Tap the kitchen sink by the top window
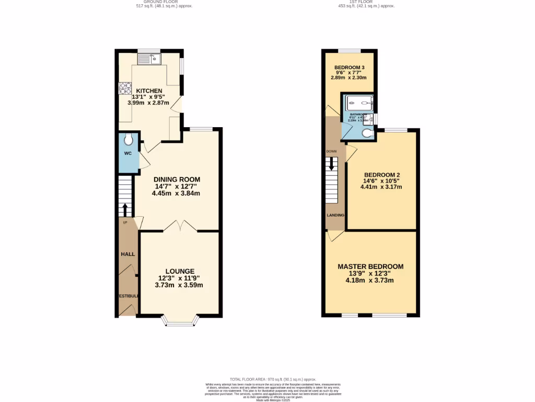point(149,59)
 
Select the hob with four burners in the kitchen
point(125,88)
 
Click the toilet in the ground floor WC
point(129,140)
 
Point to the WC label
point(127,154)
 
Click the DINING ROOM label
point(177,180)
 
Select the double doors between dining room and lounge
point(180,226)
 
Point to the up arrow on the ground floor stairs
point(124,209)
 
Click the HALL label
point(128,254)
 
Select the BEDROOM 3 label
point(349,68)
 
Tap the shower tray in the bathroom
point(358,103)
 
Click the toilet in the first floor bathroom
point(367,133)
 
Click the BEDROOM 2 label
point(382,174)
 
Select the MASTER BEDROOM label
point(370,266)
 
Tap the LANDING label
point(335,215)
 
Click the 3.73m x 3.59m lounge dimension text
point(179,285)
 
